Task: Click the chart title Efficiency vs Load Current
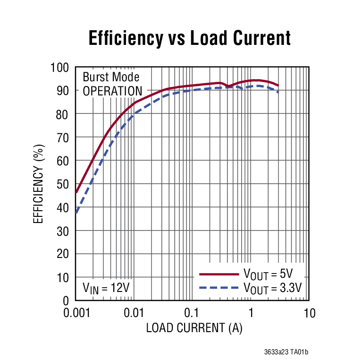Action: click(189, 38)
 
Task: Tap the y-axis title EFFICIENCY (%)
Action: click(38, 184)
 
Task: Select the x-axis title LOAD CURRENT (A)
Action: click(194, 328)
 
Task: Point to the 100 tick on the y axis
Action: click(59, 68)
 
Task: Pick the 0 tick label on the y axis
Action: click(66, 300)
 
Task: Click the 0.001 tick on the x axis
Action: click(76, 313)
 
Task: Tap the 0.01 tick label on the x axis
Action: click(134, 313)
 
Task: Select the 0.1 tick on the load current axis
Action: click(192, 313)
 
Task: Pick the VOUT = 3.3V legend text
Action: click(272, 287)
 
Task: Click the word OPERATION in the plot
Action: click(112, 91)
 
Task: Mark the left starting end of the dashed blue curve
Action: click(76, 213)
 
